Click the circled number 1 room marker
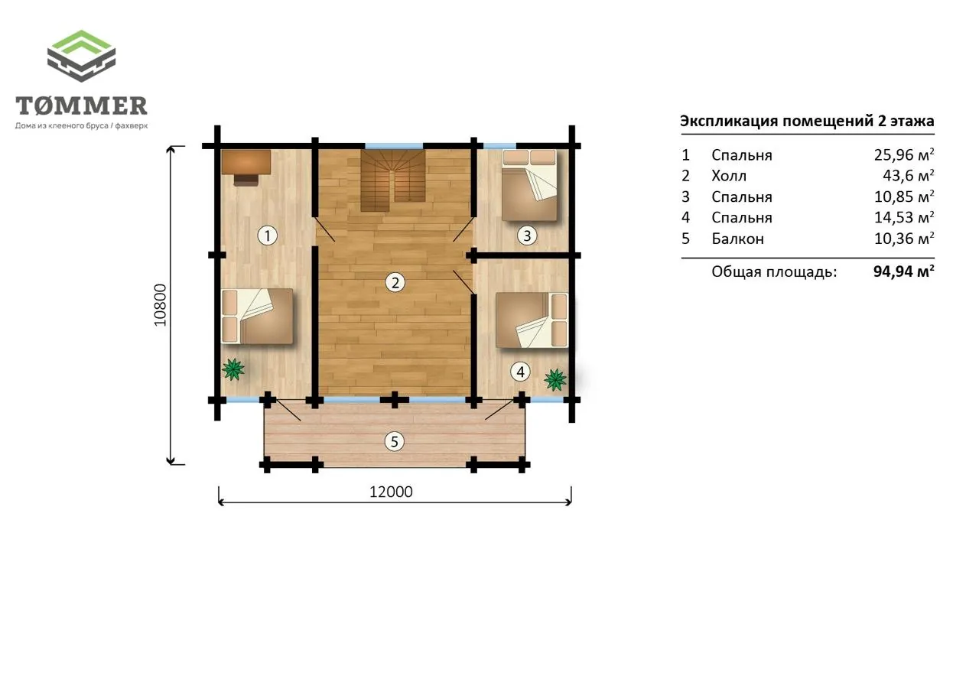pyautogui.click(x=267, y=236)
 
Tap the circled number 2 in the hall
pyautogui.click(x=395, y=283)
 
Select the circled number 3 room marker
pyautogui.click(x=527, y=236)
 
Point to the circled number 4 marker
pyautogui.click(x=520, y=372)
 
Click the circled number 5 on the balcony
pyautogui.click(x=394, y=442)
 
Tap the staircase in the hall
pyautogui.click(x=393, y=180)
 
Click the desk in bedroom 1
pyautogui.click(x=246, y=167)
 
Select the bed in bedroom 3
pyautogui.click(x=529, y=185)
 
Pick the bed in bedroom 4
pyautogui.click(x=532, y=320)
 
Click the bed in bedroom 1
pyautogui.click(x=257, y=316)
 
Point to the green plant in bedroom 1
pyautogui.click(x=233, y=369)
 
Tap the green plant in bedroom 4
pyautogui.click(x=555, y=379)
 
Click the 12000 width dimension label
pyautogui.click(x=391, y=492)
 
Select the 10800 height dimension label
pyautogui.click(x=161, y=305)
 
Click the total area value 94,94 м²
pyautogui.click(x=904, y=271)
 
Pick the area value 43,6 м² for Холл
pyautogui.click(x=908, y=176)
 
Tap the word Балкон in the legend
pyautogui.click(x=738, y=239)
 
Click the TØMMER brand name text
pyautogui.click(x=81, y=106)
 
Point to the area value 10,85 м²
pyautogui.click(x=904, y=197)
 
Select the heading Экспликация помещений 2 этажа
pyautogui.click(x=807, y=121)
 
